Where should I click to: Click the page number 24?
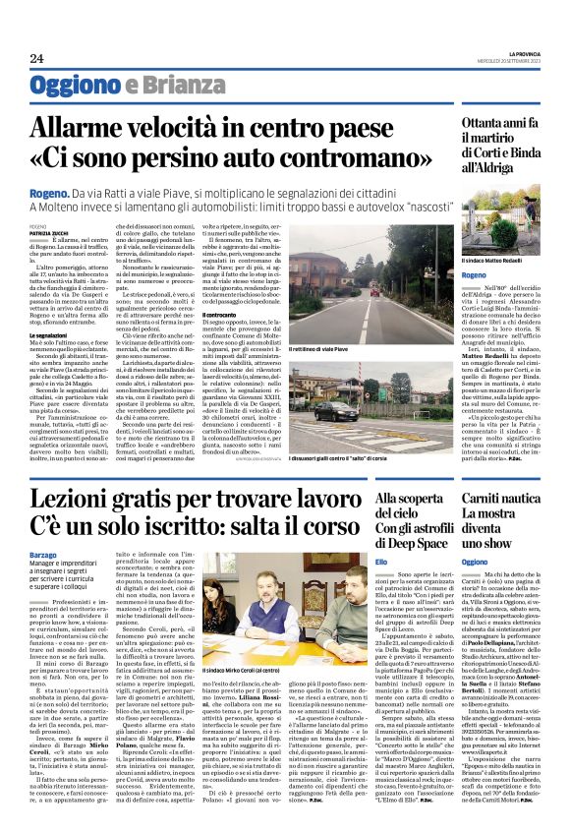click(23, 60)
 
